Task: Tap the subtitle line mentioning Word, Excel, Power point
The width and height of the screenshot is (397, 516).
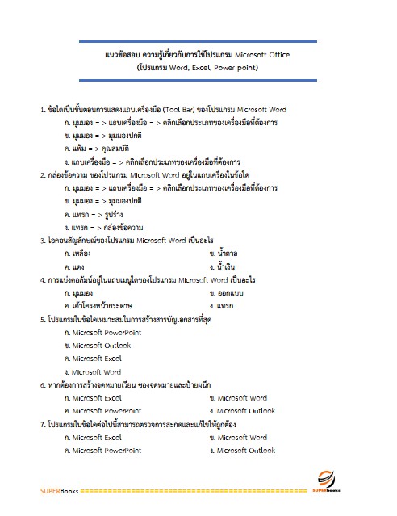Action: coord(198,69)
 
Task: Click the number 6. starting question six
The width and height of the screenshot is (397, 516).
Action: coord(42,384)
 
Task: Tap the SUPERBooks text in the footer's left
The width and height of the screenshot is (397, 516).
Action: coord(61,490)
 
